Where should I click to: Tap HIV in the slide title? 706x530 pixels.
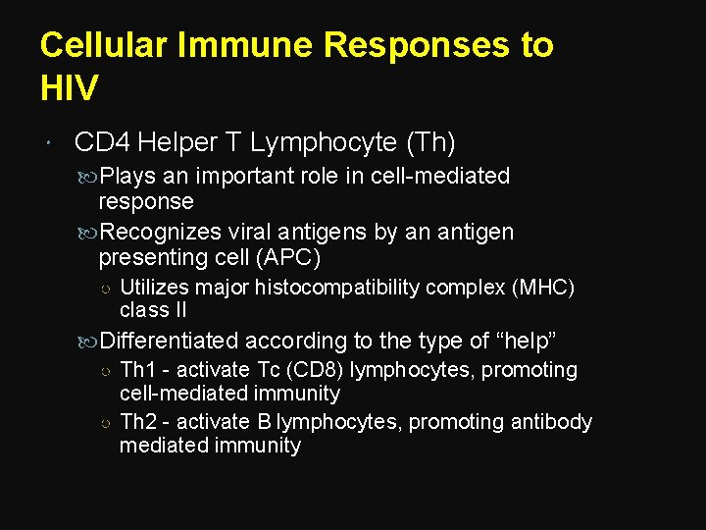point(70,89)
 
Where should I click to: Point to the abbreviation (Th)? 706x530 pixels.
point(429,143)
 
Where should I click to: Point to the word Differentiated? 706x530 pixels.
point(169,342)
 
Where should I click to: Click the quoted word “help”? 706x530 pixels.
point(527,342)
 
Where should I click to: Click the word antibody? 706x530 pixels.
point(548,422)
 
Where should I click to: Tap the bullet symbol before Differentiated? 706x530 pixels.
point(88,343)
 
